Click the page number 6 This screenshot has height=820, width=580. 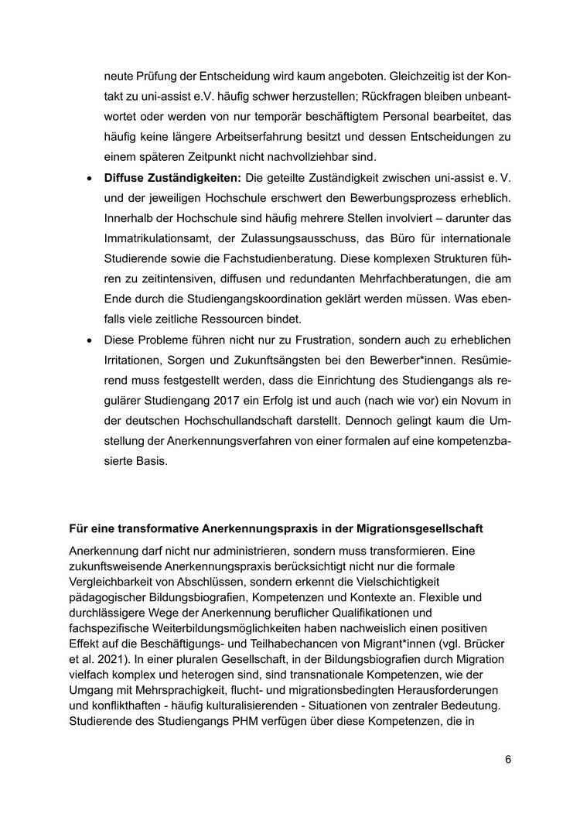[x=508, y=759]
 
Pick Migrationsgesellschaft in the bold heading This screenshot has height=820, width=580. [x=421, y=528]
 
